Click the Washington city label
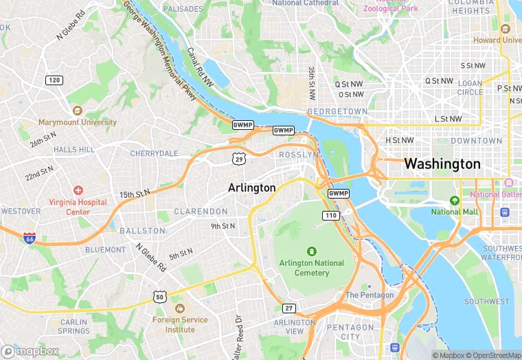click(442, 164)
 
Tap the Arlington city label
click(252, 188)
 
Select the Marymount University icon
click(77, 111)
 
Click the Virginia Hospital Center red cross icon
click(78, 190)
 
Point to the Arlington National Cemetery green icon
click(312, 251)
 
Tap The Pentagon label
click(370, 295)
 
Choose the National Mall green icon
click(453, 201)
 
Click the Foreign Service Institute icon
click(179, 308)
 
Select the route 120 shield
click(54, 80)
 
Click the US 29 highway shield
click(238, 159)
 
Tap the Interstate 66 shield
click(30, 238)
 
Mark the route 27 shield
click(290, 308)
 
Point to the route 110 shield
click(331, 216)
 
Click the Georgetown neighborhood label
click(337, 111)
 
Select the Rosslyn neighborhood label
click(298, 155)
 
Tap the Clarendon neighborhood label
click(201, 211)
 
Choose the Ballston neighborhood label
click(142, 231)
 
